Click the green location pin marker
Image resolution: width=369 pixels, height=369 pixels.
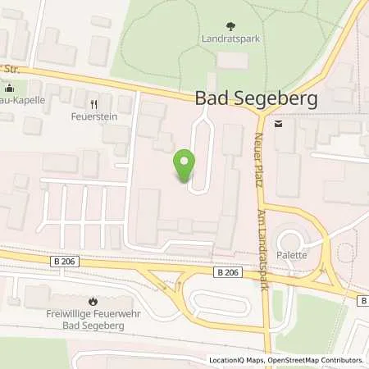[x=184, y=166]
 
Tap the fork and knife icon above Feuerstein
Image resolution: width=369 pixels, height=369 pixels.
[x=93, y=104]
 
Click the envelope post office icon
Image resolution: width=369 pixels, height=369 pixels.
[x=279, y=123]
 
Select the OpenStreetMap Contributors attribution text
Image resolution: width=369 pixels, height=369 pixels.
[x=321, y=360]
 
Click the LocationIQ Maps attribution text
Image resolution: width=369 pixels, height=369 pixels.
[x=240, y=360]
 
